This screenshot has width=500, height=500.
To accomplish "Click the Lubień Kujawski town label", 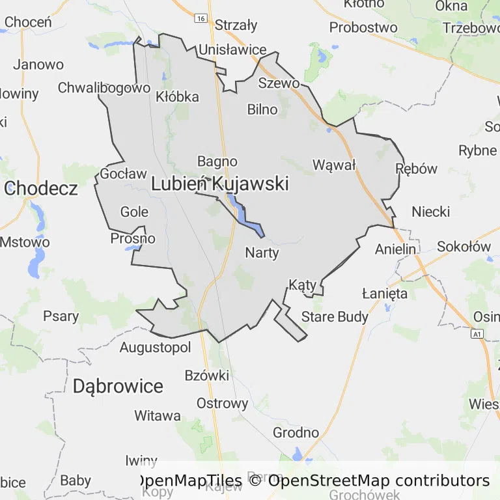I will [219, 184].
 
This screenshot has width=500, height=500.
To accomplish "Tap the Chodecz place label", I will [41, 189].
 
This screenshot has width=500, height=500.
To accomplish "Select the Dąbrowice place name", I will [118, 386].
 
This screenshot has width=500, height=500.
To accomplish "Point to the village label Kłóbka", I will [178, 96].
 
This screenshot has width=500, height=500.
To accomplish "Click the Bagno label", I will [217, 161].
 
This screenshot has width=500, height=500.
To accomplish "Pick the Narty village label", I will [262, 253].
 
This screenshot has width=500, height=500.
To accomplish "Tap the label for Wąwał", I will [334, 165].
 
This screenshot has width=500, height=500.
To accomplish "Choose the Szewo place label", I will [279, 83].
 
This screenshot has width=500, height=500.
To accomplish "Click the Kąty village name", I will [302, 285].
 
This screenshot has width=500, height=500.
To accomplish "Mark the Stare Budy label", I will [335, 317].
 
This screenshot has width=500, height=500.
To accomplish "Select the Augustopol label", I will [155, 348].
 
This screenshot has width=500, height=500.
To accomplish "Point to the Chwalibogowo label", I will [104, 87].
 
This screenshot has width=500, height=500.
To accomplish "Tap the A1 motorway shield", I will [479, 334].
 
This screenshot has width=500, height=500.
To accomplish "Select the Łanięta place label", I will [385, 294].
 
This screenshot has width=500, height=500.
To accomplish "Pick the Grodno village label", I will [296, 432].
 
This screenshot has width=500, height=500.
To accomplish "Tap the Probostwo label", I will [363, 27].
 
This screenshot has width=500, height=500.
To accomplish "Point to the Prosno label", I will [133, 238].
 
